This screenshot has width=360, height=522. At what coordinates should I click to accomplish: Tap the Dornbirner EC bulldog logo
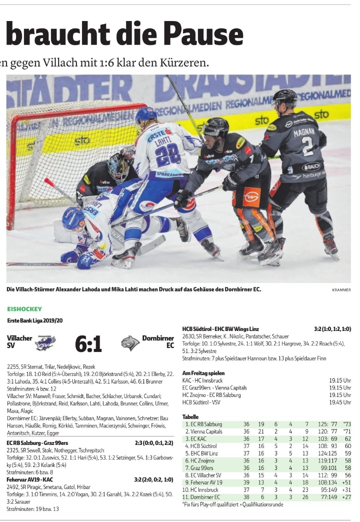(130, 343)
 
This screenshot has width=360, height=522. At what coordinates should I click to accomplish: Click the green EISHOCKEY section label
(24, 309)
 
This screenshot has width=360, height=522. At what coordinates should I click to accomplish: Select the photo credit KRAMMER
(341, 289)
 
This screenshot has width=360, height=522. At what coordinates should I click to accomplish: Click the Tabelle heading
(190, 416)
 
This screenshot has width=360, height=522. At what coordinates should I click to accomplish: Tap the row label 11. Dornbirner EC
(202, 497)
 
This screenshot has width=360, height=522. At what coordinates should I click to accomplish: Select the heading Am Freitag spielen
(203, 373)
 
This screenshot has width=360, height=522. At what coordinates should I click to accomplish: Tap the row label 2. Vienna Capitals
(203, 431)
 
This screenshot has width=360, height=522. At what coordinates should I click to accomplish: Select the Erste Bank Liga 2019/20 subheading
(35, 320)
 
